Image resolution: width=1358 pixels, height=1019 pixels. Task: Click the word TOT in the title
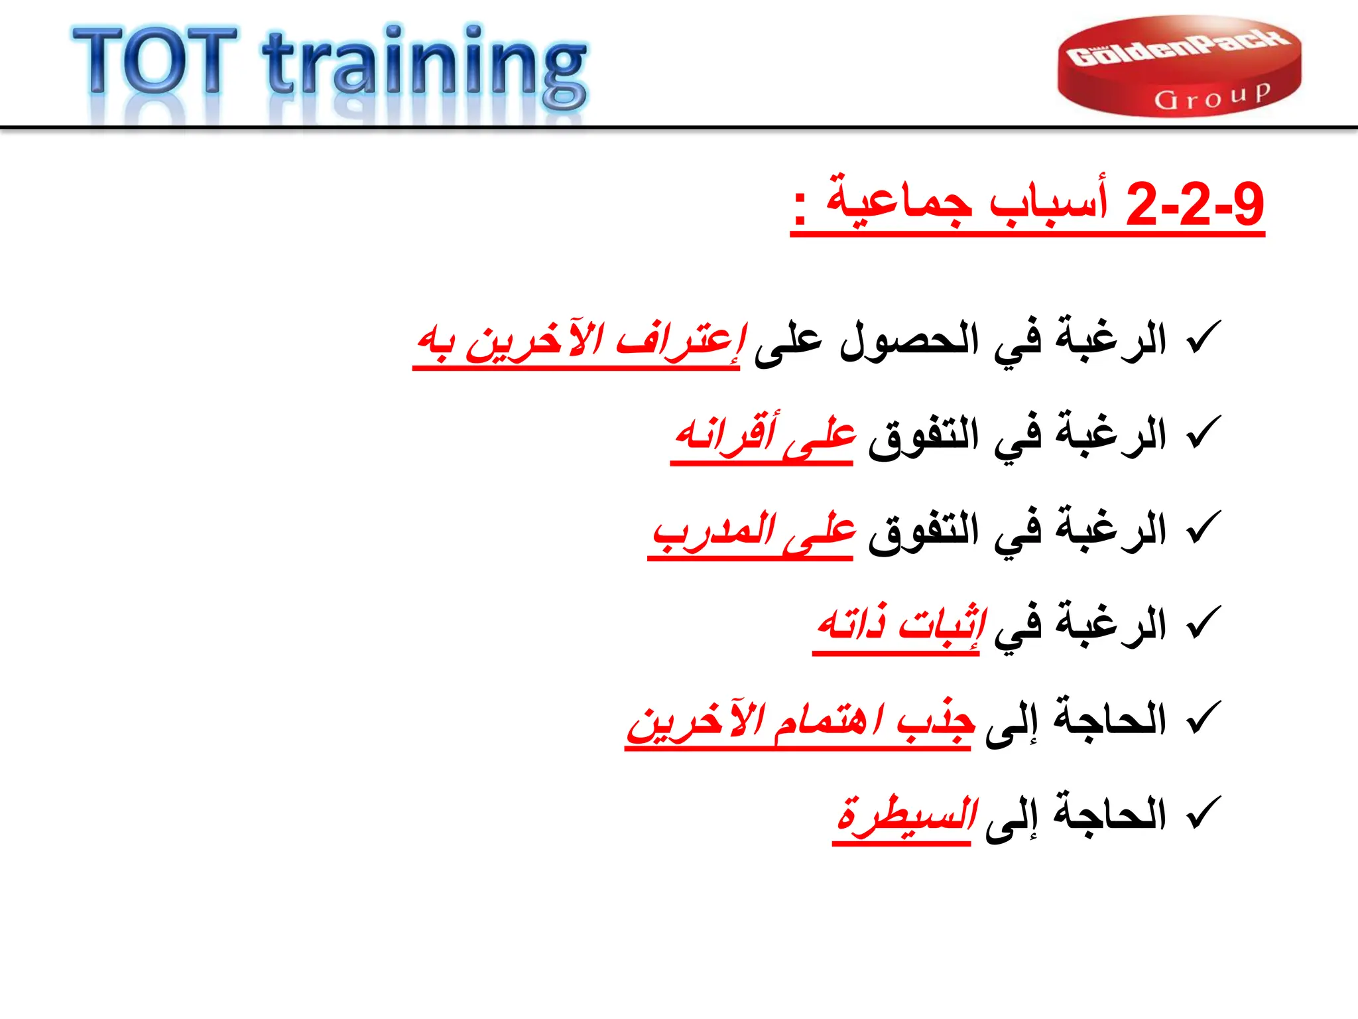155,61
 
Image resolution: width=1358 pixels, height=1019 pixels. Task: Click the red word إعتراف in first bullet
680,341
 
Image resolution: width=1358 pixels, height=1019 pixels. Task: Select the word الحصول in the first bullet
908,341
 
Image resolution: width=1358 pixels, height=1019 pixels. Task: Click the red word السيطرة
906,815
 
